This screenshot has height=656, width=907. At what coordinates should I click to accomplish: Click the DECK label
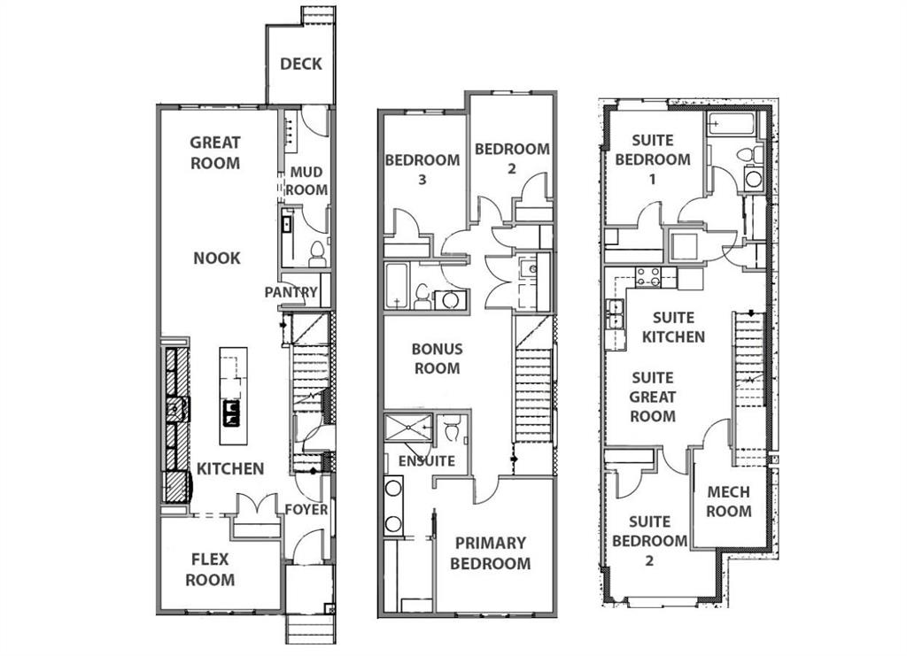click(x=301, y=64)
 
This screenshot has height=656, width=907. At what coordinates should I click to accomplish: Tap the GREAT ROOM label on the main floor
click(x=215, y=152)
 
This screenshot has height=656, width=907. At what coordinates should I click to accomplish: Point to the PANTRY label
click(x=291, y=292)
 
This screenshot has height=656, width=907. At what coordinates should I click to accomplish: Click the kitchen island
click(x=234, y=396)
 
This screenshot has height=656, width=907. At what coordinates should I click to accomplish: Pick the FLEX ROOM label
click(x=210, y=569)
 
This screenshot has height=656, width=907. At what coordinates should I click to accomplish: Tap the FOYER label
click(x=306, y=509)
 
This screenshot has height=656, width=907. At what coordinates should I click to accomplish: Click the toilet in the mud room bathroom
click(x=317, y=254)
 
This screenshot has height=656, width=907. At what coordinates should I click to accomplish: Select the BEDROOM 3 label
click(x=422, y=169)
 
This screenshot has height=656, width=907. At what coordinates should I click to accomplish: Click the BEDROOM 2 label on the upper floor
click(x=512, y=158)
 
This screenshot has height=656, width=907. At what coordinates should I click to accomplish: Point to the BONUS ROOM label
click(x=438, y=359)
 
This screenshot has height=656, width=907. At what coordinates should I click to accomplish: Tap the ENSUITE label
click(x=427, y=460)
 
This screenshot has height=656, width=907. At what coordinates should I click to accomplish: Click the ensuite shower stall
click(x=408, y=428)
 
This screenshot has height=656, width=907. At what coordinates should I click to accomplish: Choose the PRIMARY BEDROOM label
click(x=491, y=553)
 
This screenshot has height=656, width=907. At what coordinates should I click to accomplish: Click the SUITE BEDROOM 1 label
click(x=653, y=159)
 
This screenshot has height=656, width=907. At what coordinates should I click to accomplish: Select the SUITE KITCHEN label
click(x=673, y=328)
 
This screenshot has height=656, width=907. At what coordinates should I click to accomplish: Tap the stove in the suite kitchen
click(x=648, y=277)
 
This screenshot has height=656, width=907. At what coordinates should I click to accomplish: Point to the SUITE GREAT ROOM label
click(x=653, y=397)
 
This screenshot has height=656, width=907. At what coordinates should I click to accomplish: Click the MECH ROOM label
click(x=729, y=502)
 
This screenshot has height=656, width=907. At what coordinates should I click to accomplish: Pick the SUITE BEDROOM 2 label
click(x=649, y=541)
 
